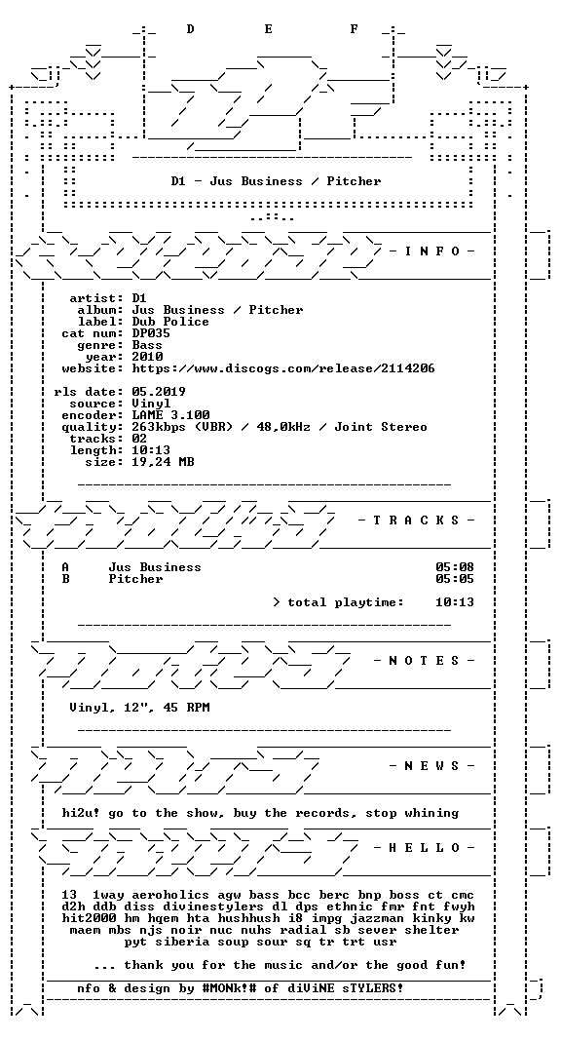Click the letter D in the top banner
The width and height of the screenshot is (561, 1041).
pos(190,29)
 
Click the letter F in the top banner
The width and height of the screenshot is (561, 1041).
pos(355,29)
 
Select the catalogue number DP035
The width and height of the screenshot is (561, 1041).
pos(151,333)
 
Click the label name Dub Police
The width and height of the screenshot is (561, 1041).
pos(170,322)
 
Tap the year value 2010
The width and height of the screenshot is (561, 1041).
pos(147,357)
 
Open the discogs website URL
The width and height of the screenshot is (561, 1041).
pos(283,368)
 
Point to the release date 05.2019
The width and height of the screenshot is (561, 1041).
pos(159,392)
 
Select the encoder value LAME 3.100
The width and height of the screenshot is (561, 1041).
pos(170,415)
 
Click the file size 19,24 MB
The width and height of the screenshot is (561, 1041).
pos(163,462)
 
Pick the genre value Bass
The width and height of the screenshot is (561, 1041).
pos(147,345)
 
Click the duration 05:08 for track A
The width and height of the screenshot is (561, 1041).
pos(455,567)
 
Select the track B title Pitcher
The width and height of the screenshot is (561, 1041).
pos(135,579)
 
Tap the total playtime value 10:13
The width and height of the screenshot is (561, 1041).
pos(455,602)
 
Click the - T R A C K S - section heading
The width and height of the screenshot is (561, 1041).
pos(417,520)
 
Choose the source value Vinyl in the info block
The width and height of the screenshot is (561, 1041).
pos(151,404)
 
